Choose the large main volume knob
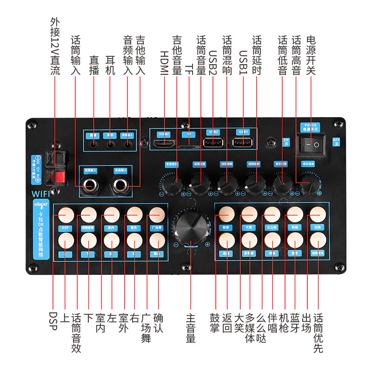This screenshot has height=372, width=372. click(190, 227)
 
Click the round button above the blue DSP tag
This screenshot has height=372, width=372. click(66, 214)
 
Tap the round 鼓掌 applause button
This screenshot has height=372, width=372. click(226, 214)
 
